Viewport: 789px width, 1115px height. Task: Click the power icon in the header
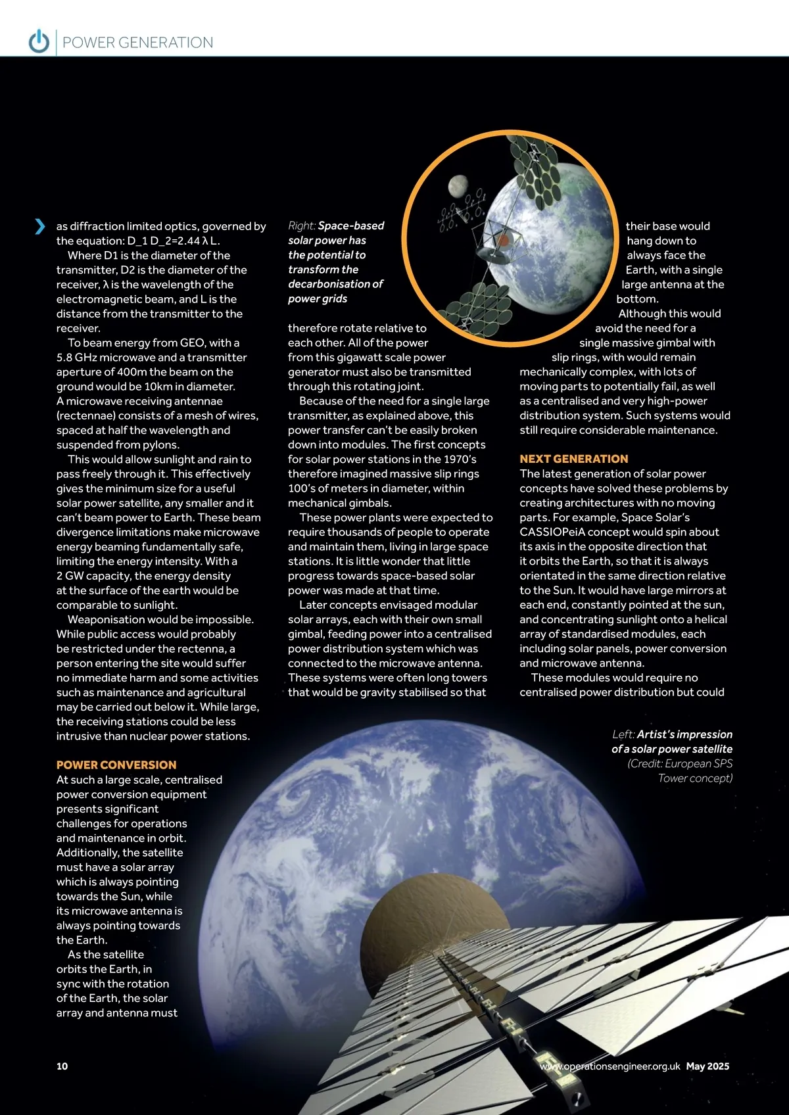tap(39, 41)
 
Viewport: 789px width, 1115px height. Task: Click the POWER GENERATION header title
tap(137, 43)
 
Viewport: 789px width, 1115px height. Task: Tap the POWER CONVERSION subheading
tap(116, 765)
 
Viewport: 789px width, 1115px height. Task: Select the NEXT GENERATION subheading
tap(573, 459)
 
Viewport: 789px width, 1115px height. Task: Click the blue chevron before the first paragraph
tap(40, 226)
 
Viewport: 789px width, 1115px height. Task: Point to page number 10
tap(62, 1066)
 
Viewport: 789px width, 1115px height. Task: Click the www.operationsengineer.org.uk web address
tap(610, 1066)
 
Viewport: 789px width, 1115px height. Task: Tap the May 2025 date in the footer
tap(707, 1066)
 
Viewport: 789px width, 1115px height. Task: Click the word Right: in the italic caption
tap(302, 225)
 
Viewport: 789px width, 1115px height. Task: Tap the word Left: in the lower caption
tap(623, 734)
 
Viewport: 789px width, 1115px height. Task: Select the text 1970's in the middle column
tap(460, 460)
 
